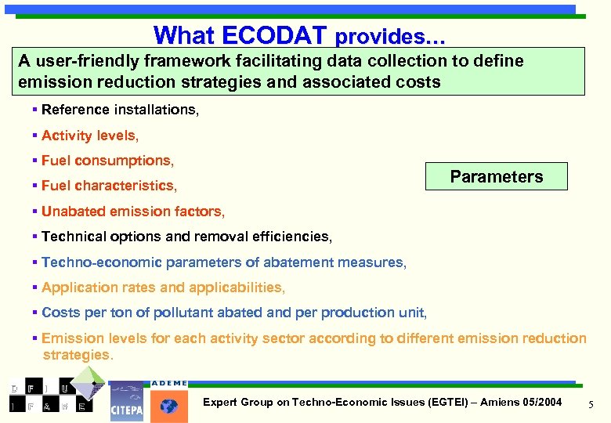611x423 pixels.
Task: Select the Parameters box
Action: click(496, 176)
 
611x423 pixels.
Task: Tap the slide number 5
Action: click(591, 403)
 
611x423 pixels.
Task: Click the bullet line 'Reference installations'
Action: click(120, 110)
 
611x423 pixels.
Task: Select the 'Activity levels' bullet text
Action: click(89, 136)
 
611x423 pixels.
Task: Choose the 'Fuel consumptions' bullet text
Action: click(107, 161)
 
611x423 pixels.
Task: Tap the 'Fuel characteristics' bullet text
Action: click(109, 186)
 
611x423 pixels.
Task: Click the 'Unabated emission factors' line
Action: click(132, 211)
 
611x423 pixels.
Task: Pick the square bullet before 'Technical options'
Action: click(35, 237)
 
